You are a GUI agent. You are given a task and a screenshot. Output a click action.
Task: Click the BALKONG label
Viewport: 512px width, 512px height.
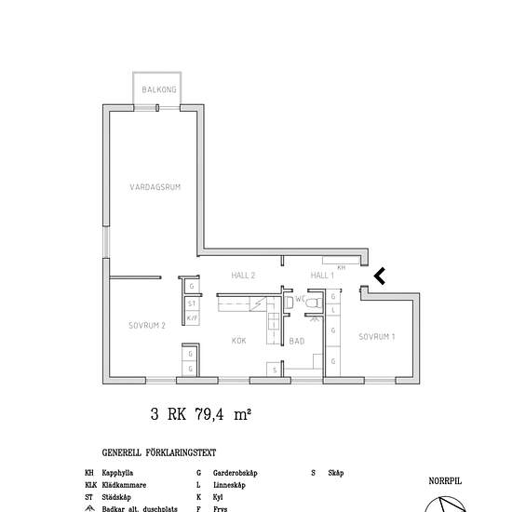(x=159, y=89)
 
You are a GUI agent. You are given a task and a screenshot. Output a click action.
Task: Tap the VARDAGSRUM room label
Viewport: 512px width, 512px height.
(x=155, y=187)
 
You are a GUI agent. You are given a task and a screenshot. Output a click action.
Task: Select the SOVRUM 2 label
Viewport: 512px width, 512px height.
(x=147, y=326)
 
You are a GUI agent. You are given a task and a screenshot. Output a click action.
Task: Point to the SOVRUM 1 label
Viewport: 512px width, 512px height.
(x=377, y=337)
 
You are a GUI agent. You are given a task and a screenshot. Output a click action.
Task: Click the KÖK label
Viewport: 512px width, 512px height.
(x=238, y=341)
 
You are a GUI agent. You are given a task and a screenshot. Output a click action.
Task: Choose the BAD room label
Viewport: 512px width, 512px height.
(x=297, y=342)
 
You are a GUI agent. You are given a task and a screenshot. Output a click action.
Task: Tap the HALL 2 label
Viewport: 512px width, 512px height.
(x=243, y=276)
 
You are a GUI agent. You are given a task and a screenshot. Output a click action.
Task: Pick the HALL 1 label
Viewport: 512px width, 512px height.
(x=322, y=276)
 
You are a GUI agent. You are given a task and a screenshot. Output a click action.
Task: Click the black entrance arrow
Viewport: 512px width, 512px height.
(x=380, y=276)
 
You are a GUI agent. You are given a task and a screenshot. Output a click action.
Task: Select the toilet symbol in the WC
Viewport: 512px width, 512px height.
(x=314, y=303)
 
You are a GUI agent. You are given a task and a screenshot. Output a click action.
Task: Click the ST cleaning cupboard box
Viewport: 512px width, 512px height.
(x=192, y=303)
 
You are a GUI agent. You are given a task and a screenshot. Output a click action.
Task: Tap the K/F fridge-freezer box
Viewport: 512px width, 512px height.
(x=192, y=317)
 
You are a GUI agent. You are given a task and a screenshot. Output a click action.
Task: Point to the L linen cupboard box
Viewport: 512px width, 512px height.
(x=333, y=310)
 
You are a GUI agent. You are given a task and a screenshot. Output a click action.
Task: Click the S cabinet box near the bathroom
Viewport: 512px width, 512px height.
(x=275, y=370)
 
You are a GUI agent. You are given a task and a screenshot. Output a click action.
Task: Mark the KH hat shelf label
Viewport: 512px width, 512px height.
(x=342, y=268)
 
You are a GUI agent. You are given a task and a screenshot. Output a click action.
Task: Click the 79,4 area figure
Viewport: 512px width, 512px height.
(x=209, y=414)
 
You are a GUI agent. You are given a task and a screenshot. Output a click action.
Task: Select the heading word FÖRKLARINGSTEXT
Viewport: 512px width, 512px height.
(x=181, y=453)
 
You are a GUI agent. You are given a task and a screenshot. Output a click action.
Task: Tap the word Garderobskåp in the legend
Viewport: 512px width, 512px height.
(x=236, y=473)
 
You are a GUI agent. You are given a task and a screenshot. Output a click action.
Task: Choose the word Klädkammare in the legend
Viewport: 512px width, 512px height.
(x=124, y=485)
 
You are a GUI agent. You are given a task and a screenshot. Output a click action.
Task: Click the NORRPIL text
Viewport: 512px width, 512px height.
(x=445, y=481)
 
